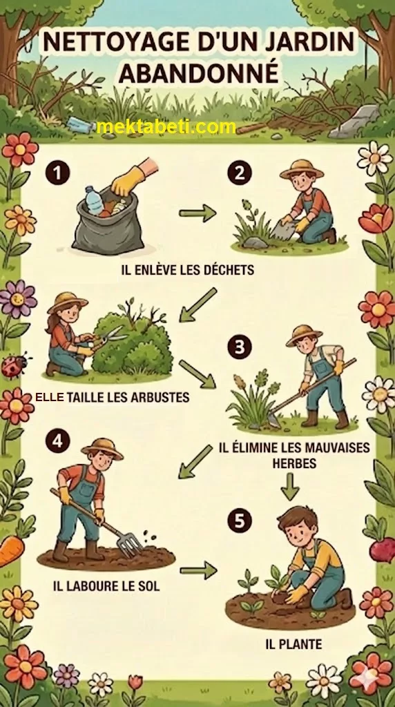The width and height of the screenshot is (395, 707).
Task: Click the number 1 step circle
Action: (58, 173)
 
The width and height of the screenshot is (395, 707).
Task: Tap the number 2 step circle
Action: (240, 173)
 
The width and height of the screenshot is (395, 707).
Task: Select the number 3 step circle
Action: (240, 347)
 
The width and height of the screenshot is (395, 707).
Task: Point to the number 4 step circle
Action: (58, 440)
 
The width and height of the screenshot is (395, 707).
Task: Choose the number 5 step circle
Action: (240, 521)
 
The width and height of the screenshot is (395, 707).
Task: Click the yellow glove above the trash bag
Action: (128, 180)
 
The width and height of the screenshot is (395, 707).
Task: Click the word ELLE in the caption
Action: (49, 397)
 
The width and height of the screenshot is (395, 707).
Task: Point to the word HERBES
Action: (294, 463)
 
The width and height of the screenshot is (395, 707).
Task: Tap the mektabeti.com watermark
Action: (166, 127)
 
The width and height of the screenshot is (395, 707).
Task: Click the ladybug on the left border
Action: (15, 365)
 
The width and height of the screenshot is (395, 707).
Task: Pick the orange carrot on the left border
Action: (11, 551)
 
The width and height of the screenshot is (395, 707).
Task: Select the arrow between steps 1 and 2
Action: (197, 213)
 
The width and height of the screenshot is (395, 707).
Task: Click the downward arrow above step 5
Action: (290, 487)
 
